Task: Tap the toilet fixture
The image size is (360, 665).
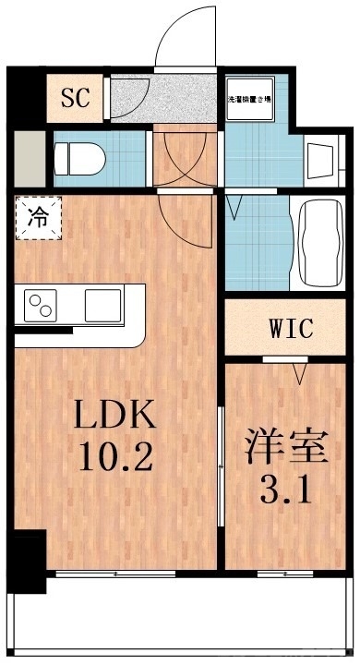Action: point(75,159)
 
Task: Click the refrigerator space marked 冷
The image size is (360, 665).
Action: point(38,219)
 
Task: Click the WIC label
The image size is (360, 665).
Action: point(292,328)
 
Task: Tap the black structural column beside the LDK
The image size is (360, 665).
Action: point(28,560)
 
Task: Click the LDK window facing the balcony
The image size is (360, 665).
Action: point(114,574)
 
